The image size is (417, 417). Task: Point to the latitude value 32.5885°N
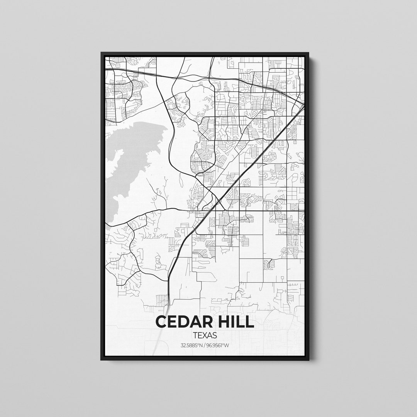(191, 345)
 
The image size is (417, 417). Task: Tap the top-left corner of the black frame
(102, 53)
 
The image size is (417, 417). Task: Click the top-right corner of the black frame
(308, 54)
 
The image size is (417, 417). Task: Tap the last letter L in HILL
(250, 321)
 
